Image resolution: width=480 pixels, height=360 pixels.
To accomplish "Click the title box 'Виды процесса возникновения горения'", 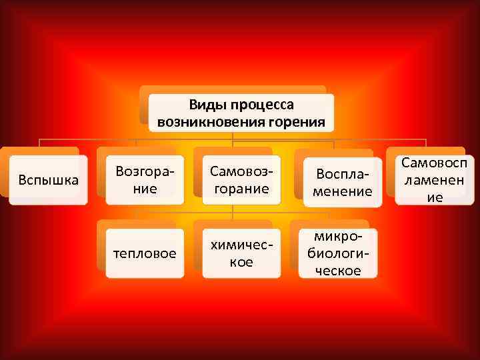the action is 241,113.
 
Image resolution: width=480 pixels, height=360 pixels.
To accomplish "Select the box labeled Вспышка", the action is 48,180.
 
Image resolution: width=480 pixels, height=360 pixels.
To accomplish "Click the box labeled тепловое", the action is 145,253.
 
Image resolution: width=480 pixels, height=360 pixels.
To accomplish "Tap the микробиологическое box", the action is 339,253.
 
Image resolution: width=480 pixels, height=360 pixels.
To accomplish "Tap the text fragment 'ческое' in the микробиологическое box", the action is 339,271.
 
